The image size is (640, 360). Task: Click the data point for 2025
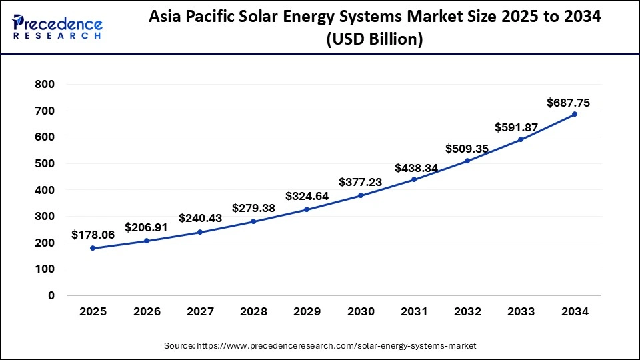click(x=93, y=248)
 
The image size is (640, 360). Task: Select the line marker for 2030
click(x=361, y=195)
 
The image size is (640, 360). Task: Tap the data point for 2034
click(x=575, y=114)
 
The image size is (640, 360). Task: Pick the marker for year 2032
click(x=467, y=161)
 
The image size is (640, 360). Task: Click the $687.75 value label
click(x=568, y=103)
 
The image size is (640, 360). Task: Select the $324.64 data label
click(x=307, y=196)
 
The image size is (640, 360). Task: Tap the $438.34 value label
click(x=416, y=168)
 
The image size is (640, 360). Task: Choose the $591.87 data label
click(x=515, y=127)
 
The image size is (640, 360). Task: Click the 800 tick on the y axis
click(x=45, y=85)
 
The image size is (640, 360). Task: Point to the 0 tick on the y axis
click(x=51, y=295)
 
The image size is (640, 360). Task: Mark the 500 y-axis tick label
click(x=45, y=163)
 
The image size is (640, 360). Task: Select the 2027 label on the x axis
click(x=199, y=312)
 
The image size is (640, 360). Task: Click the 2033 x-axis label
click(x=521, y=312)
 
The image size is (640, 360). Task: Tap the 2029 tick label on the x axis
click(x=307, y=312)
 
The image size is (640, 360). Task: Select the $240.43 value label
click(x=200, y=218)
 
